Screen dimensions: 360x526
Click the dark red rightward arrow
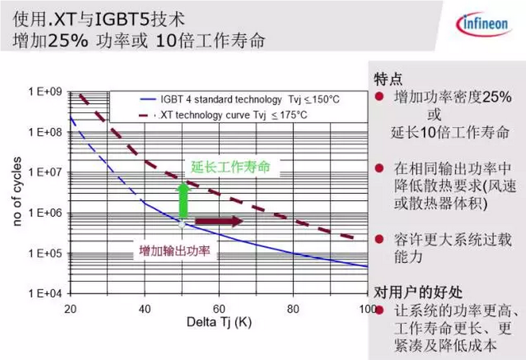(x=219, y=221)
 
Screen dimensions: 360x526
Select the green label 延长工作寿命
(x=231, y=168)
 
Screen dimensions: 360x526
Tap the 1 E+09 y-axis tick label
(x=45, y=92)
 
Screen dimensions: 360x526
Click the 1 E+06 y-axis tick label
(x=45, y=213)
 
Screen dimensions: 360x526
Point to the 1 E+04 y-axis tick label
(x=45, y=293)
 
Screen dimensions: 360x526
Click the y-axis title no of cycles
(x=17, y=191)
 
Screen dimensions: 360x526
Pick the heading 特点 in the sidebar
(x=388, y=79)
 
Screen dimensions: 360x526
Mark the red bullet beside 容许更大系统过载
(x=379, y=239)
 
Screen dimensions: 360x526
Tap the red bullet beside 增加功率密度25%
(x=379, y=97)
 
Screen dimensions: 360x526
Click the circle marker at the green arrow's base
(x=182, y=224)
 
